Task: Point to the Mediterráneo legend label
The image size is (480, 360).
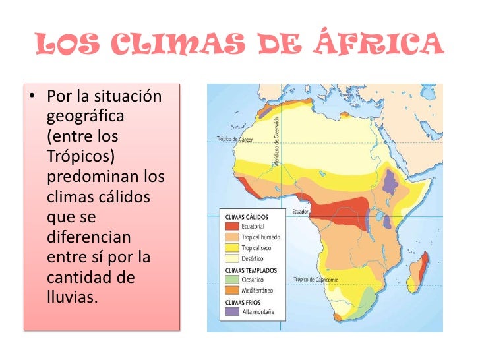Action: [x=258, y=290]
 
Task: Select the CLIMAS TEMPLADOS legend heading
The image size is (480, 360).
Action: [x=251, y=270]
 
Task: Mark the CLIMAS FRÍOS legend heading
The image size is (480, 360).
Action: [x=244, y=301]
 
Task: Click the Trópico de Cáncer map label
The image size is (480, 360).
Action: [x=236, y=139]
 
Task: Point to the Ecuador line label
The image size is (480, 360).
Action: [x=300, y=212]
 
